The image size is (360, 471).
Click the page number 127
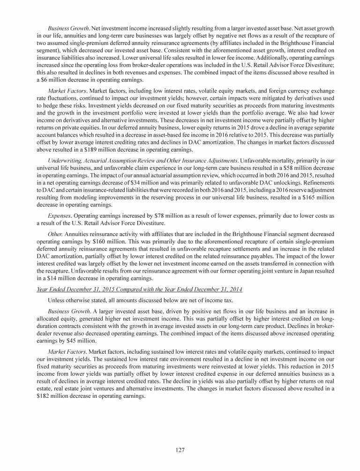click(x=180, y=450)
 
